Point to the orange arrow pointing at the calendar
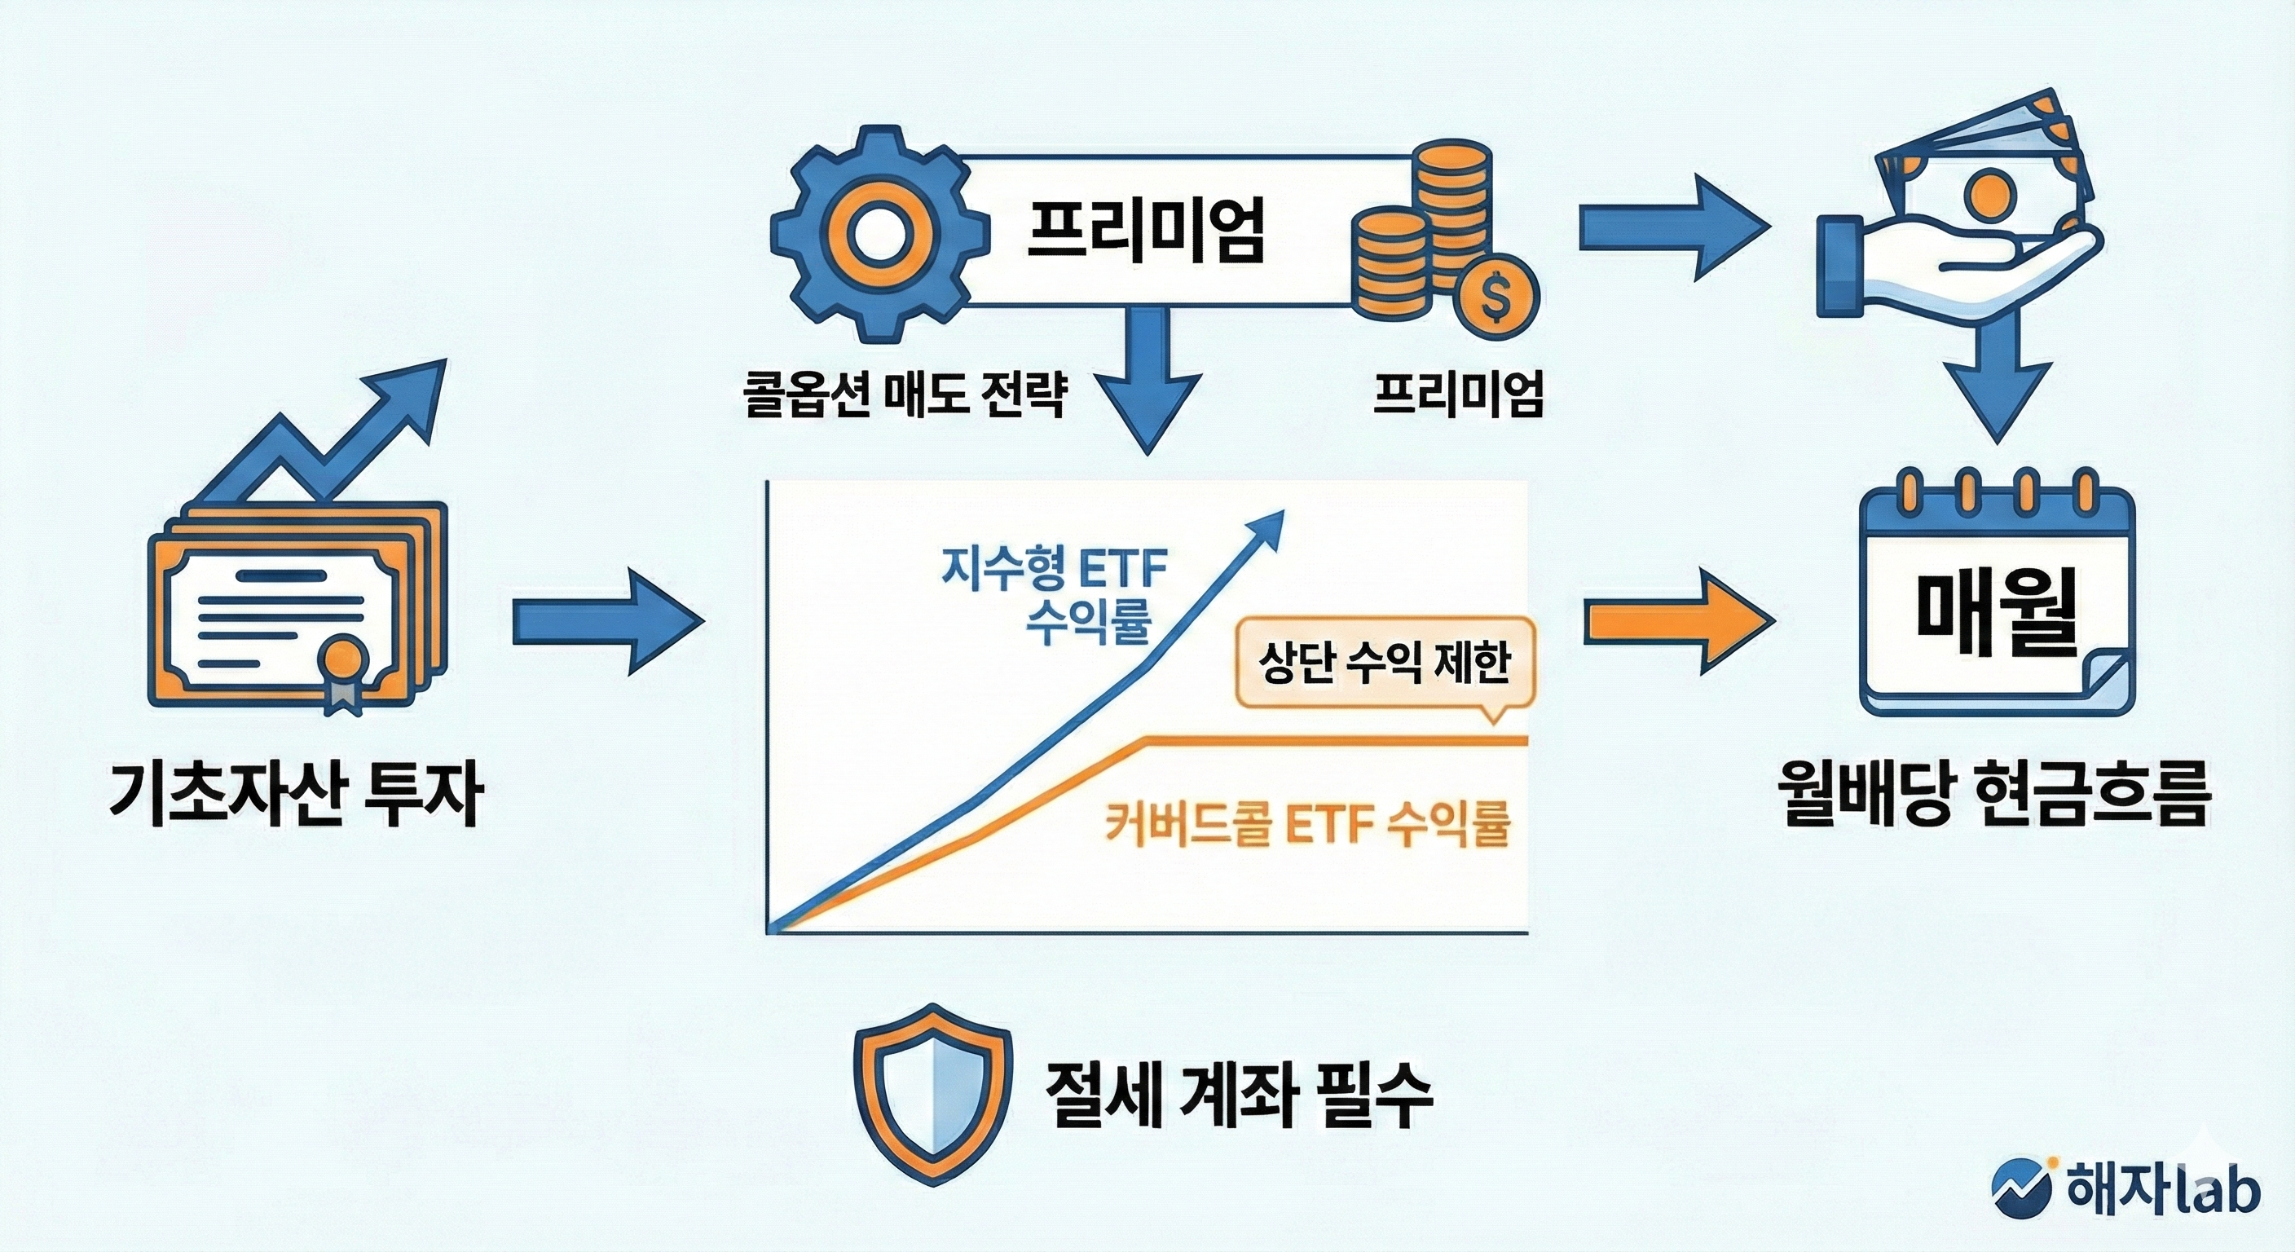(1675, 620)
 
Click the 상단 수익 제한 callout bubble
(1385, 663)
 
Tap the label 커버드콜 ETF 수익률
(1308, 824)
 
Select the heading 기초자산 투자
(297, 794)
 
